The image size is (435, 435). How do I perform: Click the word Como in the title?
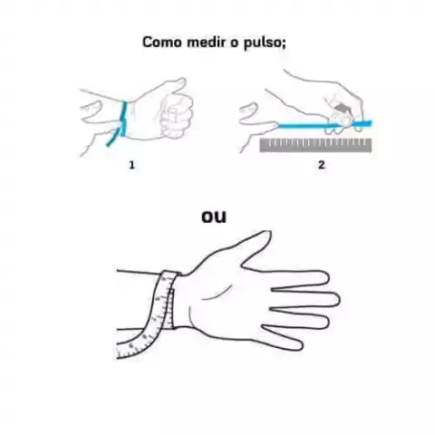point(162,42)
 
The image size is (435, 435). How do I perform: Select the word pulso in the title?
point(262,43)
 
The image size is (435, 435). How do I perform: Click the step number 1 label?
point(131,165)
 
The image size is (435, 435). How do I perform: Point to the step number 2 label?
point(321,165)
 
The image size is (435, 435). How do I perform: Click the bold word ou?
point(214,217)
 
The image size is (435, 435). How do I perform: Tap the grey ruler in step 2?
point(315,145)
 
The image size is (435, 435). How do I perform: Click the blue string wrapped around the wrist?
point(123,119)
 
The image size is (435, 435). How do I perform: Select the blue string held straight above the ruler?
point(324,124)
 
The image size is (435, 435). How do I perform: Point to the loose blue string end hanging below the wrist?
point(113,139)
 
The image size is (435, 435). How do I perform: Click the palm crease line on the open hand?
point(217,293)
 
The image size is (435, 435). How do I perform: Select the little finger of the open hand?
point(283,338)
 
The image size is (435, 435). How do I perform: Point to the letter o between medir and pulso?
point(235,43)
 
